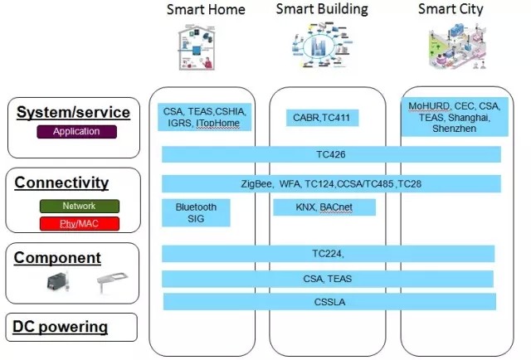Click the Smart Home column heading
coord(206,10)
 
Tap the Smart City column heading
coord(451,10)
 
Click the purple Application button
coord(76,131)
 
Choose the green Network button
coord(80,206)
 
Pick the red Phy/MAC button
coord(80,223)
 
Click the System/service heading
coord(74,112)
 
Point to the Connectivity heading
coord(61,182)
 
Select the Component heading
coord(57,258)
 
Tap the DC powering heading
coord(61,326)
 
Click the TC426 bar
coord(331,154)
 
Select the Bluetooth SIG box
coord(196,212)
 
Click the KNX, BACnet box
coord(324,207)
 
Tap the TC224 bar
coord(329,254)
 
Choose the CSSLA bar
coord(329,301)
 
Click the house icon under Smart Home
coord(192,49)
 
